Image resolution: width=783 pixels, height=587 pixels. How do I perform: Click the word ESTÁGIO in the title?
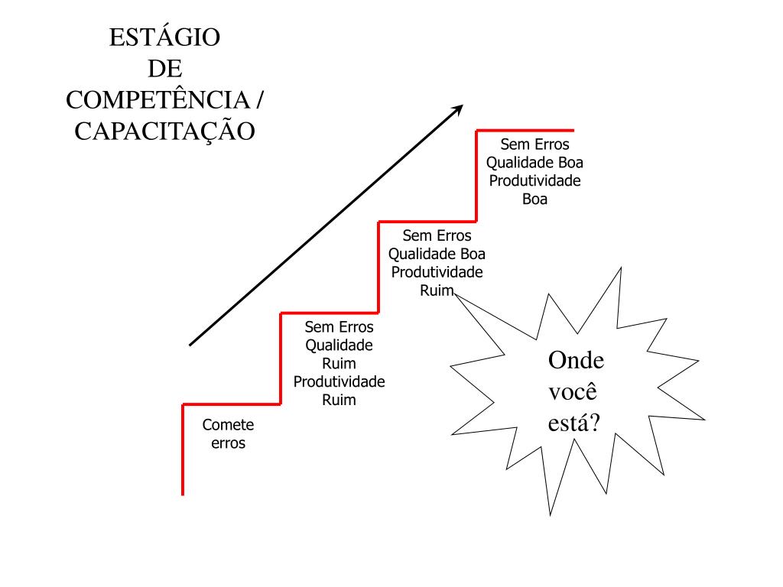164,37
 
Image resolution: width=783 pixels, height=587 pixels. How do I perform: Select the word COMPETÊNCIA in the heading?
158,100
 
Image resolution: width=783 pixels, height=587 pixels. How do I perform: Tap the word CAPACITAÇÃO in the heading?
164,131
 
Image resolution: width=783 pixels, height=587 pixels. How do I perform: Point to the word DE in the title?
164,69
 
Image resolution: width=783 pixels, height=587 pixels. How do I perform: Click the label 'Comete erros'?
228,434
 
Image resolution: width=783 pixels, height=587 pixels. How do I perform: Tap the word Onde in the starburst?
577,361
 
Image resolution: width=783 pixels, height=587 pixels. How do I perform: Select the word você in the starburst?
573,391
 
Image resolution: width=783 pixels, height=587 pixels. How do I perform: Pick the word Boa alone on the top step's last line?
535,199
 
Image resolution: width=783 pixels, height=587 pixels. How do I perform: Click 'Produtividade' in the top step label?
535,181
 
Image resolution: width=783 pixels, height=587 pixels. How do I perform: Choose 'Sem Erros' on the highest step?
535,144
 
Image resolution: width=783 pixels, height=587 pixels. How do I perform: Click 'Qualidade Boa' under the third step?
437,254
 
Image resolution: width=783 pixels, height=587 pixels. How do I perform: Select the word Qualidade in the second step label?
340,345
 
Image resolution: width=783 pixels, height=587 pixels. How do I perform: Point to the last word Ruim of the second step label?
340,400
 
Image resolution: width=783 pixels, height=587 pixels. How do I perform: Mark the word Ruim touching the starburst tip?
437,290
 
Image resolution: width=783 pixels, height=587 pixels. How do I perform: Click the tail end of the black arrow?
191,344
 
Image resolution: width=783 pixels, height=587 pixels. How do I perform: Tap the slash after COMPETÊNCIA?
261,100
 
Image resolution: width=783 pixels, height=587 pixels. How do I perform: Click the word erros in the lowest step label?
229,443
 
